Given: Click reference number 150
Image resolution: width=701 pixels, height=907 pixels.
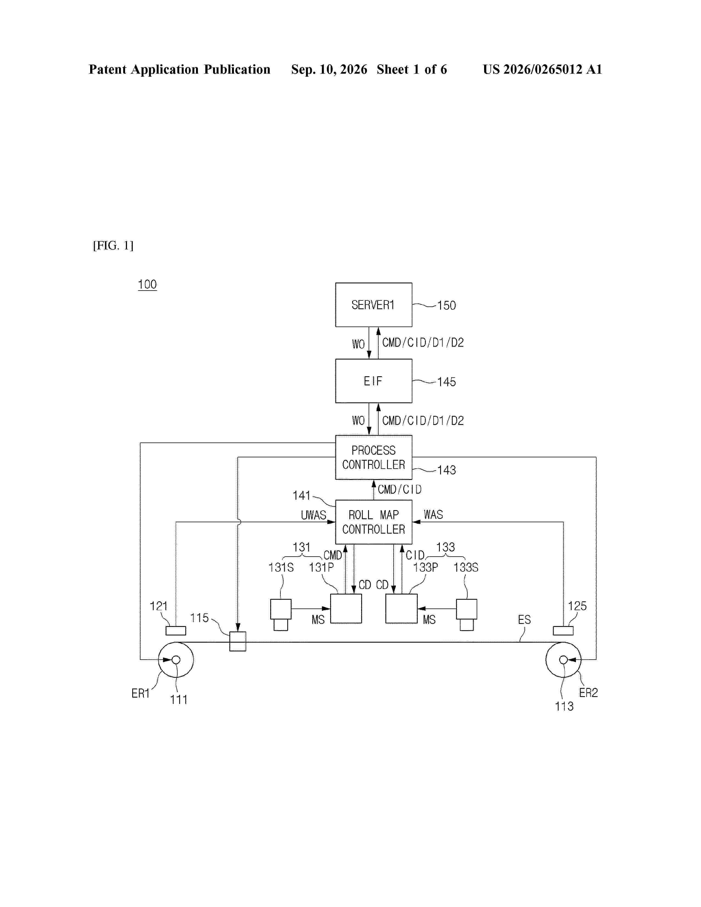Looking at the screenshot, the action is tap(446, 306).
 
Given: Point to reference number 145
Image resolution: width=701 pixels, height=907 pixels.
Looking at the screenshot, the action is tap(446, 382).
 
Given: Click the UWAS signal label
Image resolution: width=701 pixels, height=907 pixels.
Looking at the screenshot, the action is tap(314, 515).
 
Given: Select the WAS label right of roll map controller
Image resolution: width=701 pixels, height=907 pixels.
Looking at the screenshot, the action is tap(433, 515).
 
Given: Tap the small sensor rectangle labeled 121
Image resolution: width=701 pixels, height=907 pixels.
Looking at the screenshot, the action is tap(176, 631).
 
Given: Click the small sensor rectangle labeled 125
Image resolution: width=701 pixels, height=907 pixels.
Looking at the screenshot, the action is tap(563, 631).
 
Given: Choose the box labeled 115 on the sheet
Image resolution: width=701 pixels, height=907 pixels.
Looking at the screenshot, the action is tap(238, 641).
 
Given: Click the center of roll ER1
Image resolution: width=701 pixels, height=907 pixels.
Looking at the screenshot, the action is tap(176, 659).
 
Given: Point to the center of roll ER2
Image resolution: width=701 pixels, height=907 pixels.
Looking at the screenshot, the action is tap(563, 659).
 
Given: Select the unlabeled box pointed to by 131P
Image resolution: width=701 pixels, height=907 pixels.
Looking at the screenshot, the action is tap(346, 609).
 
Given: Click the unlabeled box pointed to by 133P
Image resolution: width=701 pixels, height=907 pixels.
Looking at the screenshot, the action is tap(401, 609).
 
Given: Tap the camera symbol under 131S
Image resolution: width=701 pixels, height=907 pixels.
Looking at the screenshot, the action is tap(281, 614).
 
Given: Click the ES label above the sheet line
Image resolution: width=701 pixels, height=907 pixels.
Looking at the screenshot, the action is tap(524, 620).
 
